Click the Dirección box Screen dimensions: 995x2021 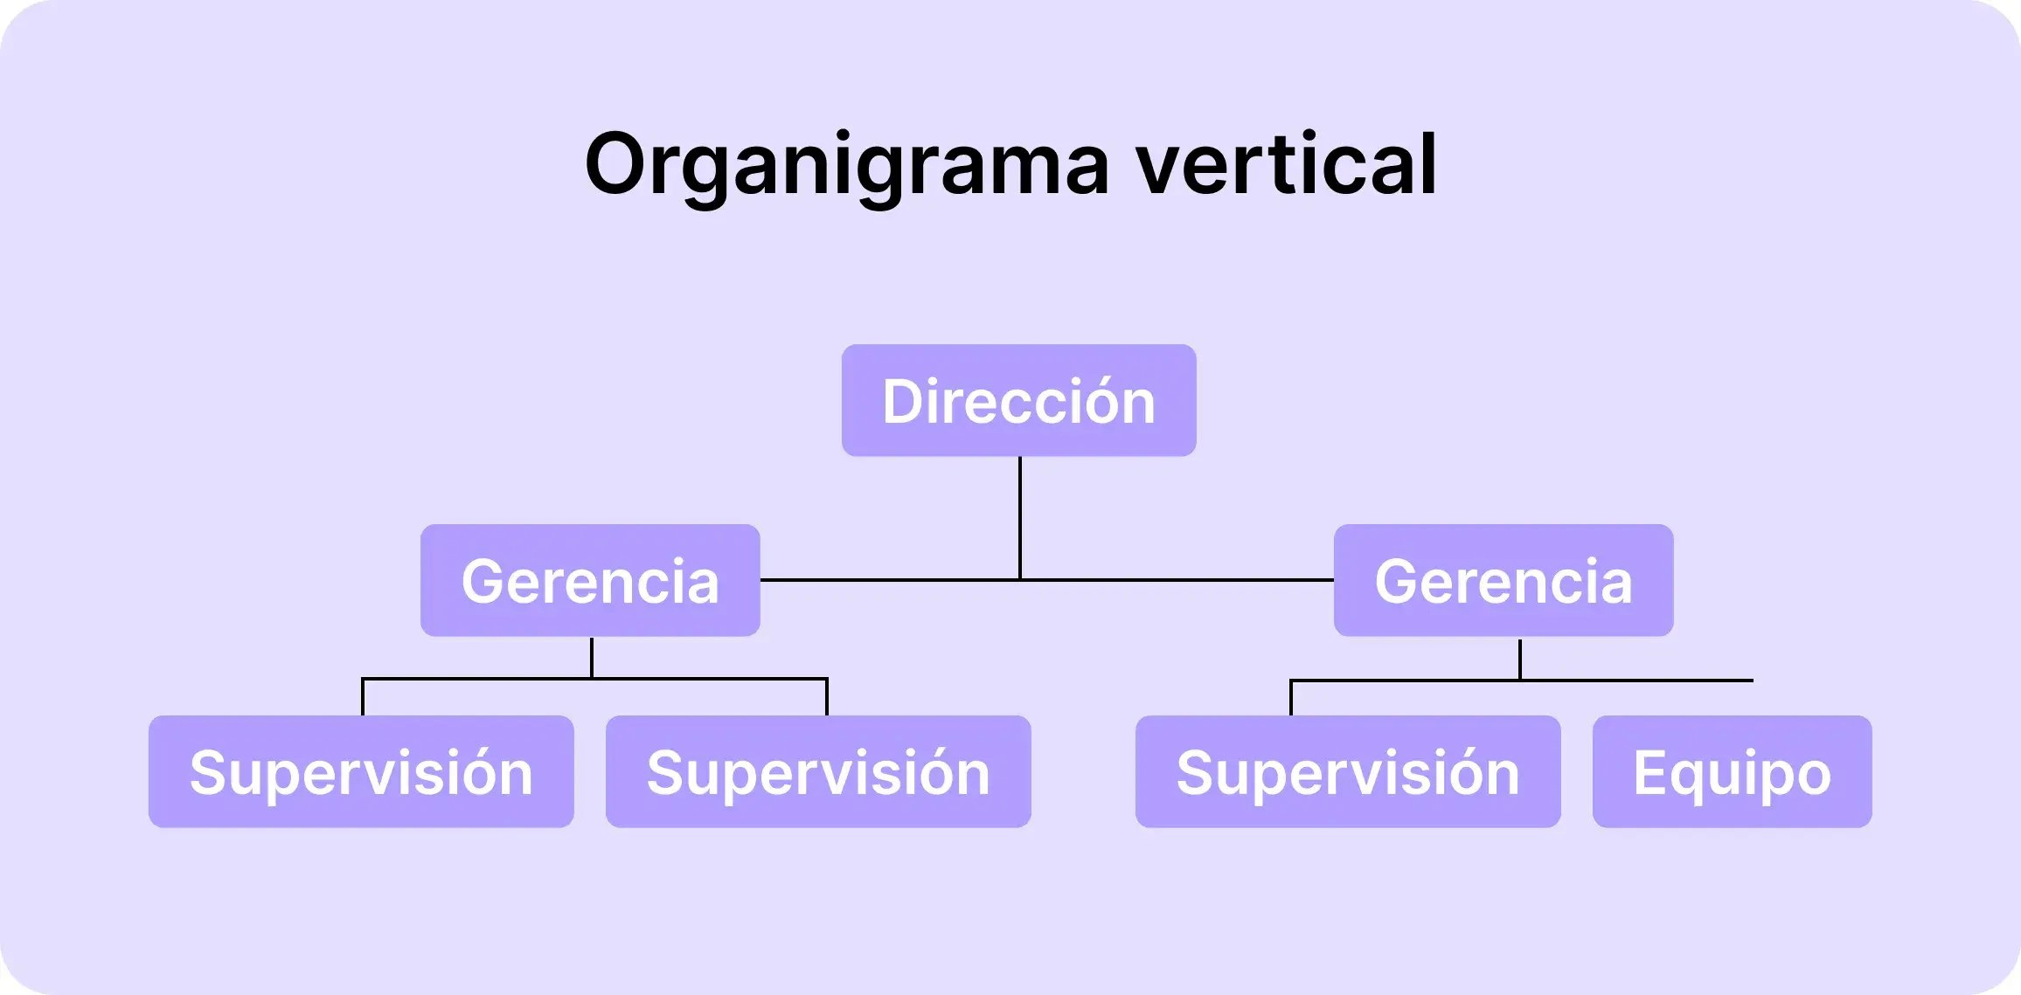1018,400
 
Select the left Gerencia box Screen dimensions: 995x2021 590,580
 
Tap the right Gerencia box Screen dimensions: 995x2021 1504,580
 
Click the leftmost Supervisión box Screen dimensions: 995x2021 361,771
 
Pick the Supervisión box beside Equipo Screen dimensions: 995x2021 1348,771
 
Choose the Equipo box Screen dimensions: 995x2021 1732,771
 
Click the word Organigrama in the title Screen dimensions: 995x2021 846,164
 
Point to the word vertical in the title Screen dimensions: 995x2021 1286,164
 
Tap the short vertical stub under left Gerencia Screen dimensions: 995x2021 592,657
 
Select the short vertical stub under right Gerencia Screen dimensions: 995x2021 1520,660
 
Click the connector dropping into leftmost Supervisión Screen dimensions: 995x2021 363,697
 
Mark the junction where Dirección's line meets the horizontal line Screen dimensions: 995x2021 1020,579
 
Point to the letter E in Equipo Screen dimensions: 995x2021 1649,772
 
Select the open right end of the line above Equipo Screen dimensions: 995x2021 1750,680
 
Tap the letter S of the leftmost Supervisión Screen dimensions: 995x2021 209,772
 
